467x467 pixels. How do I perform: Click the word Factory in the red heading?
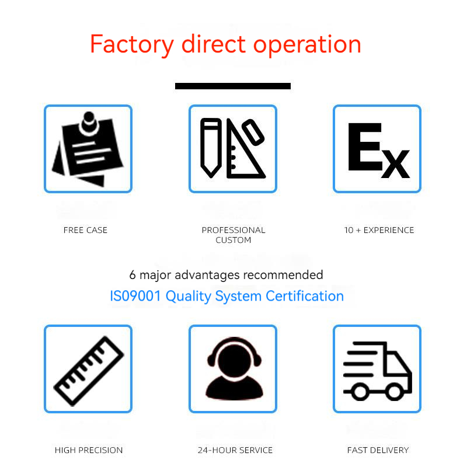pyautogui.click(x=132, y=45)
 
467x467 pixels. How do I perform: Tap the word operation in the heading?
pyautogui.click(x=307, y=45)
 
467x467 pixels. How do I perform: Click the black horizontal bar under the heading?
pyautogui.click(x=233, y=86)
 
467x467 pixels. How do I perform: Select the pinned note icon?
pyautogui.click(x=88, y=149)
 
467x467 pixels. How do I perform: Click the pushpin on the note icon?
pyautogui.click(x=89, y=123)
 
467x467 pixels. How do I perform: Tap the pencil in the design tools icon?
pyautogui.click(x=211, y=148)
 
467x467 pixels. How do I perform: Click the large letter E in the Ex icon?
pyautogui.click(x=365, y=147)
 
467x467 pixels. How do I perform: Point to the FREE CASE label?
pyautogui.click(x=85, y=230)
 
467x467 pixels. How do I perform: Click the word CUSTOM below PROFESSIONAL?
pyautogui.click(x=233, y=240)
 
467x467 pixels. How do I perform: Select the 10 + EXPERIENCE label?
pyautogui.click(x=379, y=230)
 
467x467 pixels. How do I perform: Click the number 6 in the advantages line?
pyautogui.click(x=133, y=275)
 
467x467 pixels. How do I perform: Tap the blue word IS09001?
pyautogui.click(x=135, y=296)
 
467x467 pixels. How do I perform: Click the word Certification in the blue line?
pyautogui.click(x=305, y=296)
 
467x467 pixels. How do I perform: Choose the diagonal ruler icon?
pyautogui.click(x=89, y=371)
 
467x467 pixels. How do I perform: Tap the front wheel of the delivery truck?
pyautogui.click(x=395, y=391)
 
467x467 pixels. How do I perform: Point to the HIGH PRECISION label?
pyautogui.click(x=89, y=450)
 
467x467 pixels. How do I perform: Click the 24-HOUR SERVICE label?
pyautogui.click(x=235, y=450)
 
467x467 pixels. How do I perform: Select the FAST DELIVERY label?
pyautogui.click(x=378, y=450)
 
